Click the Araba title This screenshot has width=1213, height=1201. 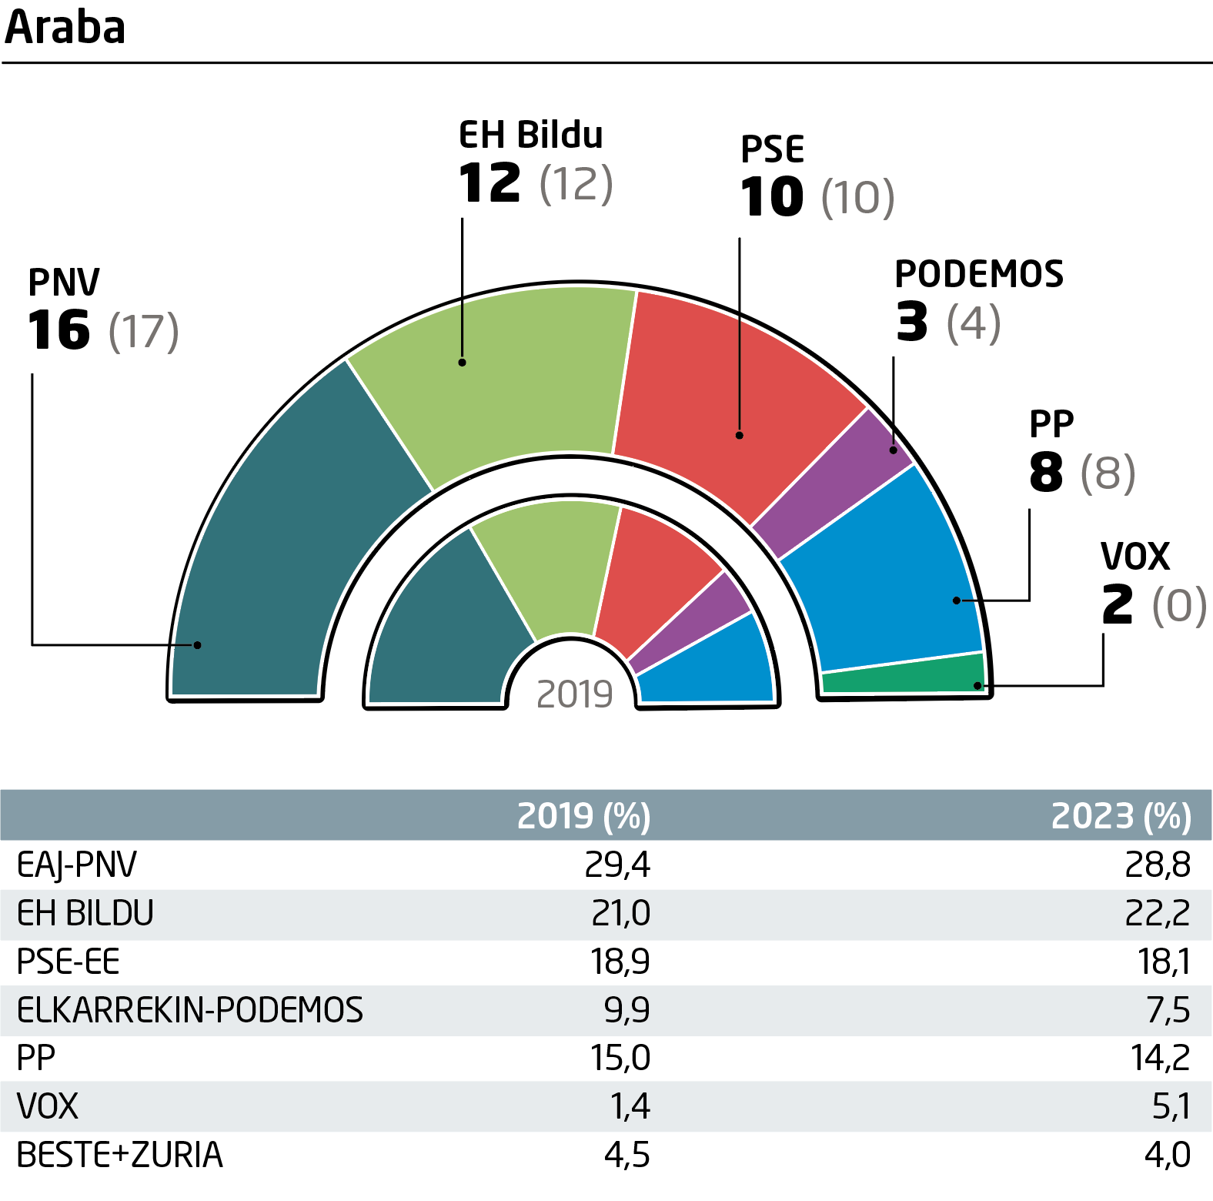pos(65,28)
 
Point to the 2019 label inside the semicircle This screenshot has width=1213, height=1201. pos(574,694)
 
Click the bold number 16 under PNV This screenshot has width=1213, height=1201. pos(59,330)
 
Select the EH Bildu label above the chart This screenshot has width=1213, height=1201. pos(531,135)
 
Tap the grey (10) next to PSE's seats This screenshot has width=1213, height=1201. pos(858,198)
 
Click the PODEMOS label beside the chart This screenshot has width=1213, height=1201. pos(979,274)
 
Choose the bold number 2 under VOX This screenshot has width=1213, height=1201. pos(1118,604)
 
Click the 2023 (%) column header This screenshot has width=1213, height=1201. pos(1121,816)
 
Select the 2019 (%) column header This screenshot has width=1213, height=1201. pos(583,816)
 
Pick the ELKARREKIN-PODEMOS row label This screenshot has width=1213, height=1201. pos(190,1010)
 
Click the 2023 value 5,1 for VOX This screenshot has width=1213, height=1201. pos(1171,1106)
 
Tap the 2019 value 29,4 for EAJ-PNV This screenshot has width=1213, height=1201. pos(617,865)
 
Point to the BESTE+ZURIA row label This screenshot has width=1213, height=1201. pos(119,1155)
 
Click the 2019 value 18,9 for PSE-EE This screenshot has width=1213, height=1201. pos(620,962)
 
